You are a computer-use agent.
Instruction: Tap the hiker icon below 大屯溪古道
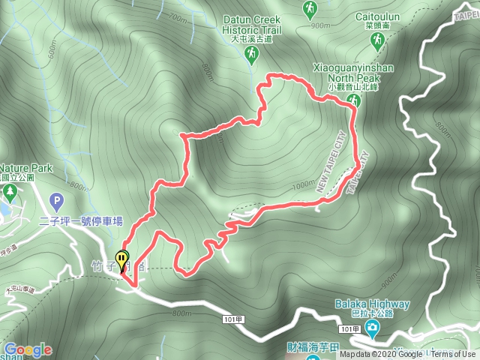(x=251, y=54)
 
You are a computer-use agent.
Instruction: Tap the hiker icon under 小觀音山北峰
(x=354, y=100)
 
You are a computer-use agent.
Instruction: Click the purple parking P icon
(x=54, y=201)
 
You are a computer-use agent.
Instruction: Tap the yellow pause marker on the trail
(x=121, y=262)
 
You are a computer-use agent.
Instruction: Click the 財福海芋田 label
(x=292, y=346)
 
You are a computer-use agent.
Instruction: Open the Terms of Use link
(x=454, y=354)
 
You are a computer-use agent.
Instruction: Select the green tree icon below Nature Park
(x=10, y=193)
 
